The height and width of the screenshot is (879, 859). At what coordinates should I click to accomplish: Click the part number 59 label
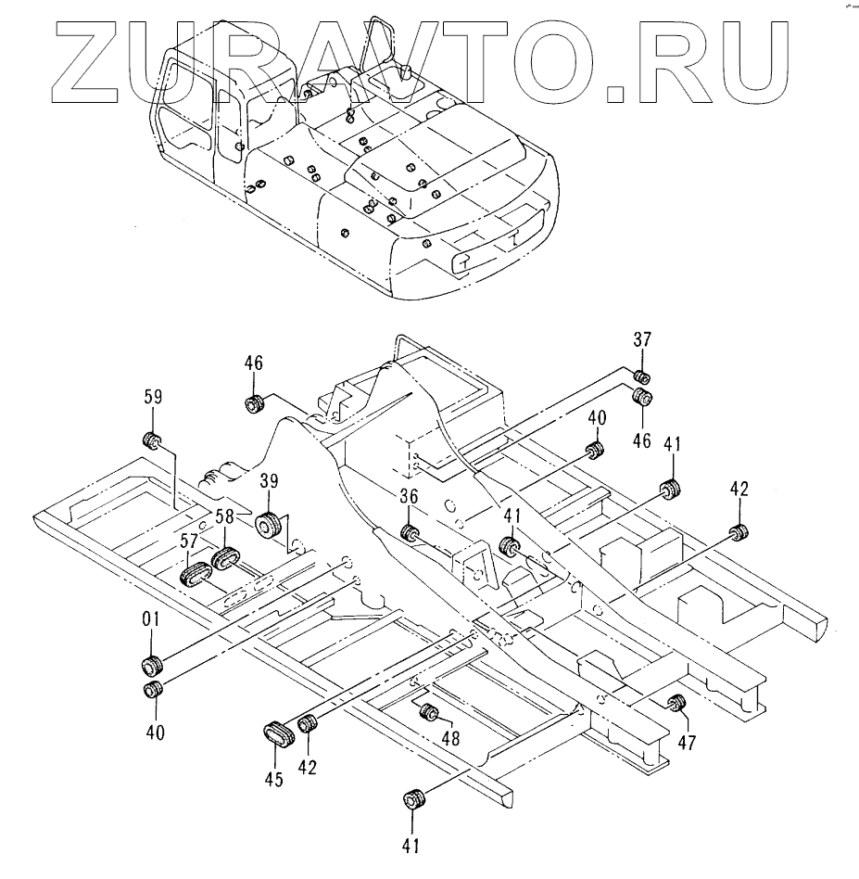tap(153, 398)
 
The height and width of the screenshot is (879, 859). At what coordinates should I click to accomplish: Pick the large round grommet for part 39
tap(270, 525)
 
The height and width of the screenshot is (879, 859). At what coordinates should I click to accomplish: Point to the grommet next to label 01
tap(152, 666)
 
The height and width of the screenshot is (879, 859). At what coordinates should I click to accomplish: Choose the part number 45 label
tap(273, 780)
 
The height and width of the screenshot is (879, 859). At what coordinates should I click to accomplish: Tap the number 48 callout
tap(449, 738)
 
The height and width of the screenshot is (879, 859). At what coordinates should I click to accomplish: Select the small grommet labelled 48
tap(429, 712)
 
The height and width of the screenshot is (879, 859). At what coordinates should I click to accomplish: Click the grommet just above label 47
tap(677, 702)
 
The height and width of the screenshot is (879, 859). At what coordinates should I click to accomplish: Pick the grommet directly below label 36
tap(410, 533)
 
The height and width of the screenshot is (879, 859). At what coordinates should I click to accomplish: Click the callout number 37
tap(643, 340)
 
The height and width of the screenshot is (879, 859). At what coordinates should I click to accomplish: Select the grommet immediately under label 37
tap(641, 376)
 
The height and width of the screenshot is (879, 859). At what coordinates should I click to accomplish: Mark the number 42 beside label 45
tap(308, 767)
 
